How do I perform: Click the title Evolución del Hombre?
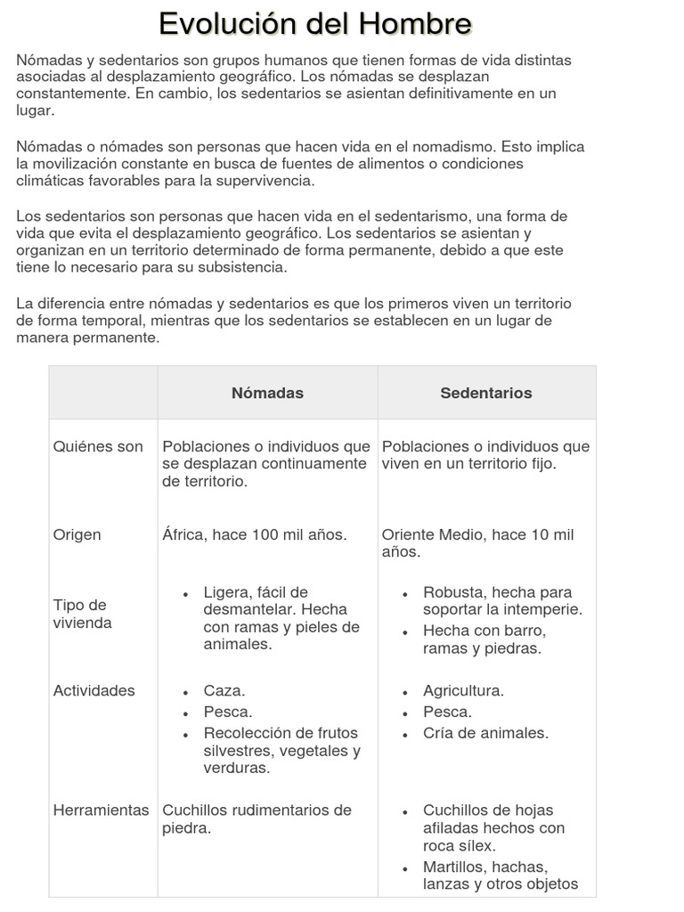315,24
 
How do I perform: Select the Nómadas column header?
267,393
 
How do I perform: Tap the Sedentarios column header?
486,393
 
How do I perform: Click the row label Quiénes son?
98,446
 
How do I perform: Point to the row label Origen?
77,534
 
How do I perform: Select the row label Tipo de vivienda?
83,614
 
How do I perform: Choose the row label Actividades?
94,690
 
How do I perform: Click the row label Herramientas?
101,810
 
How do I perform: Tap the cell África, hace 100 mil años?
255,534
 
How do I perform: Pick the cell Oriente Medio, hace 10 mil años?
477,542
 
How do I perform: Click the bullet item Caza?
224,690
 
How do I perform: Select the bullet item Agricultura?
463,690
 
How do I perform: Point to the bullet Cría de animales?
485,733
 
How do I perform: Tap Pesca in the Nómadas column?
227,712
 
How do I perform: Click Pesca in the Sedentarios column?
447,712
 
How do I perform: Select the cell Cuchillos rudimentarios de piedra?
256,818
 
